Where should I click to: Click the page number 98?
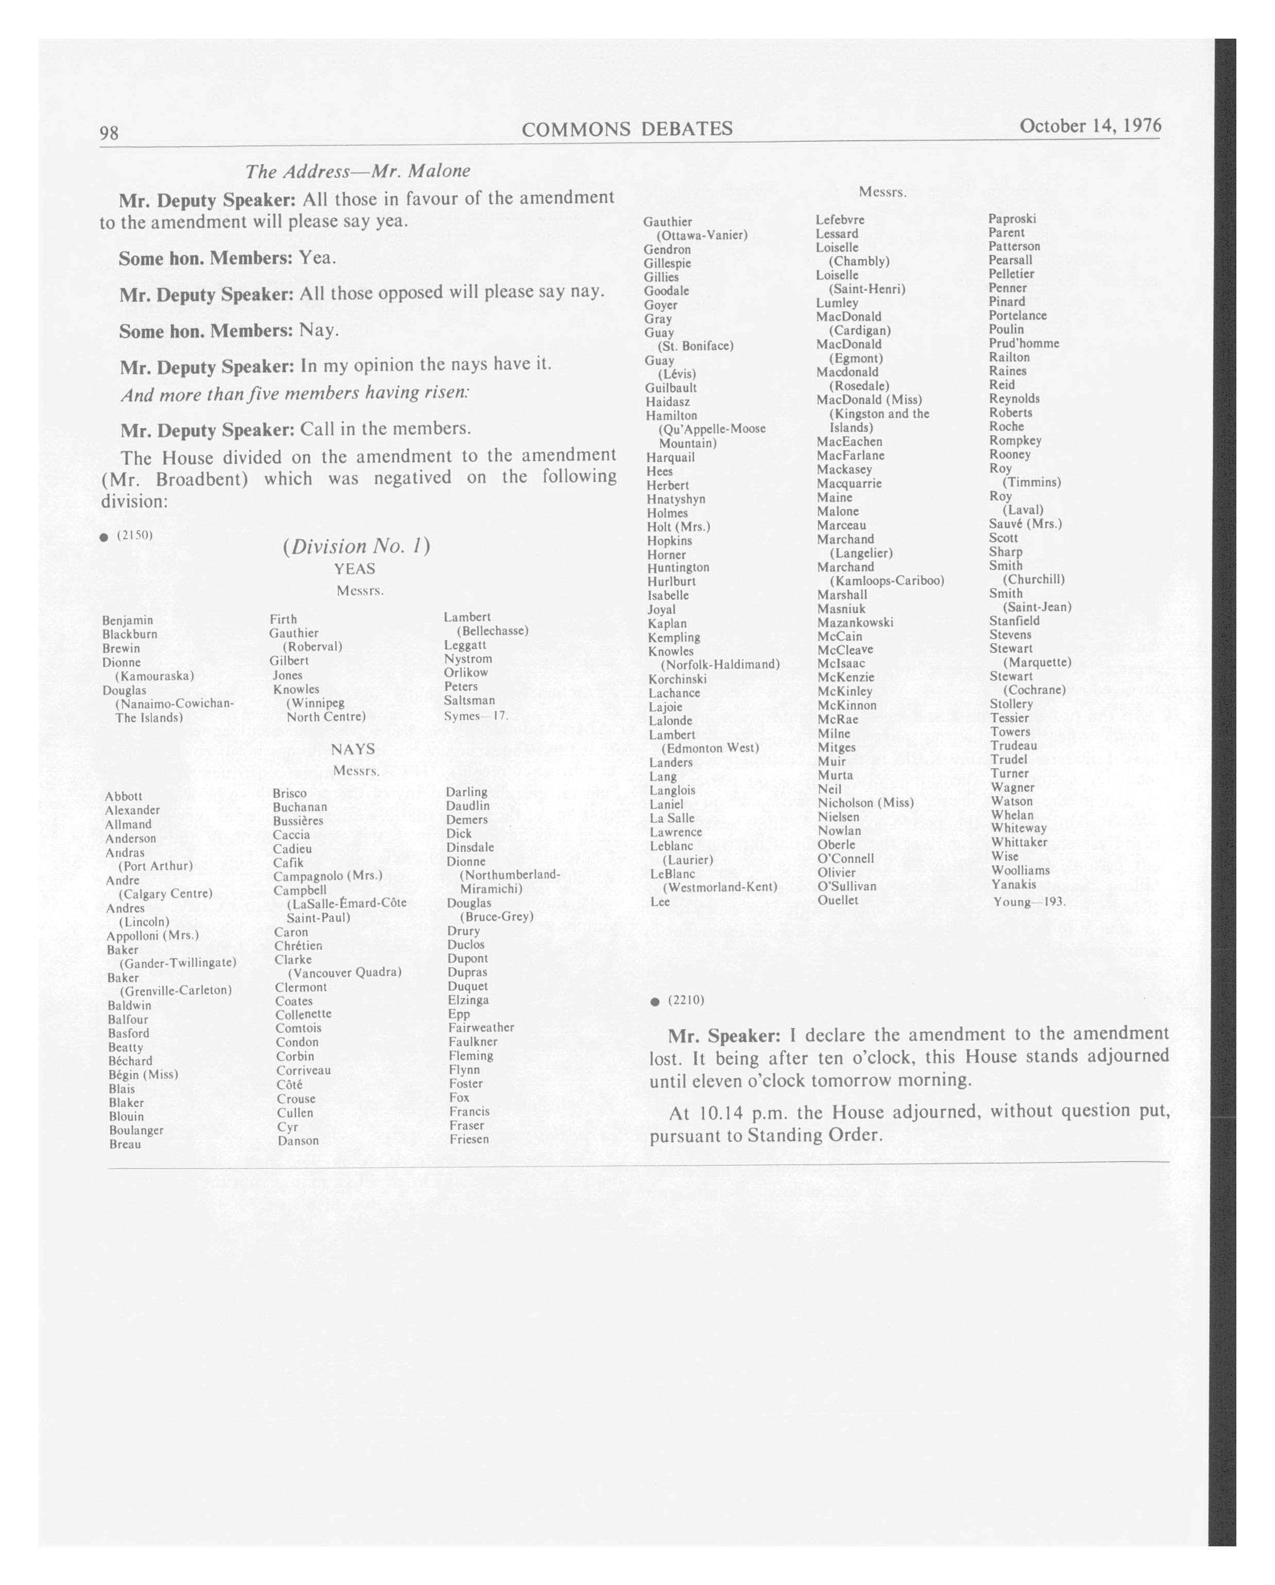(x=109, y=132)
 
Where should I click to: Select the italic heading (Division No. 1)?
(x=355, y=546)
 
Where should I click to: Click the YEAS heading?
(x=354, y=569)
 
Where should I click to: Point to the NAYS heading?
(x=353, y=749)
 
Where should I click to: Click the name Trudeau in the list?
(x=1013, y=746)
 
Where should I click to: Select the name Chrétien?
(x=298, y=946)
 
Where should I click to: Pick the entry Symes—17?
(x=475, y=715)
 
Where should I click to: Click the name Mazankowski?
(x=855, y=622)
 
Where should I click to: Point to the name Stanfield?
(x=1014, y=621)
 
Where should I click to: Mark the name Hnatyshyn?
(x=675, y=499)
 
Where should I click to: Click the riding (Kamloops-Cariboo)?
(x=886, y=581)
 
